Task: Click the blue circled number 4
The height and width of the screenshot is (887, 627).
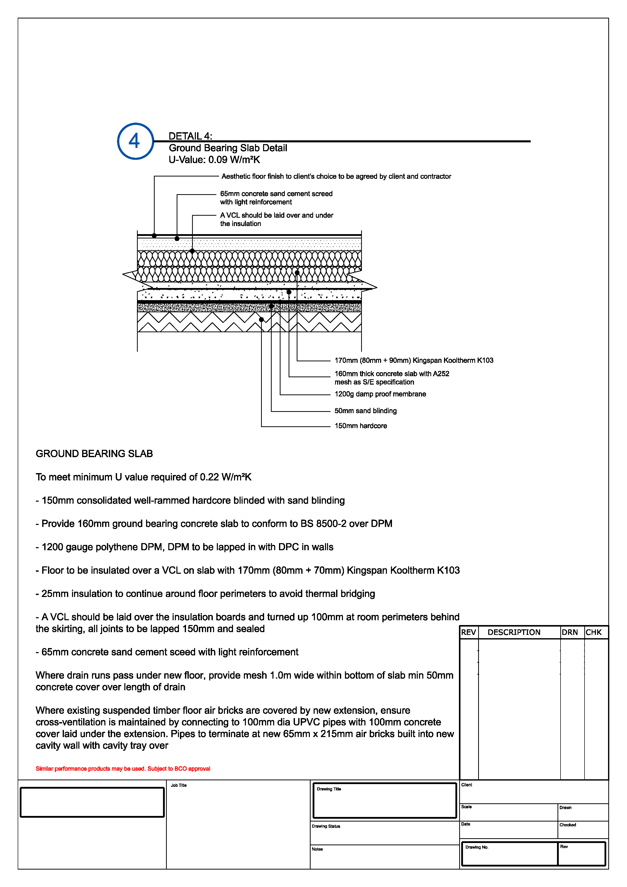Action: pos(135,141)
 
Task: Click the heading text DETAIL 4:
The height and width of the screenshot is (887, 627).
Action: pos(190,136)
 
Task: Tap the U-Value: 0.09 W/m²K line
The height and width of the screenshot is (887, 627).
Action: pos(214,160)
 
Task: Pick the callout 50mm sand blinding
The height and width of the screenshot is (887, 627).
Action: pos(365,411)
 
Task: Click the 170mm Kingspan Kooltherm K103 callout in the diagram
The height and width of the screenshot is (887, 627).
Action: pos(413,361)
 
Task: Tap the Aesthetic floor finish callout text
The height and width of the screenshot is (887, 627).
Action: pos(336,176)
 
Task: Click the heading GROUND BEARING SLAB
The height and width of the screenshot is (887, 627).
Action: pos(94,454)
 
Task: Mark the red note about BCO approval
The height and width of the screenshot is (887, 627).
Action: pos(123,768)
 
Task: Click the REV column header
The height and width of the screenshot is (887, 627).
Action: pos(468,632)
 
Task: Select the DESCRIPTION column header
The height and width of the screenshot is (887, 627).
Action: pos(514,632)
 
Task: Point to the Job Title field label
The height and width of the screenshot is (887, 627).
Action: pos(178,785)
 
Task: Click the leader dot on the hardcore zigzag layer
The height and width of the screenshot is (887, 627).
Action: pos(261,320)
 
